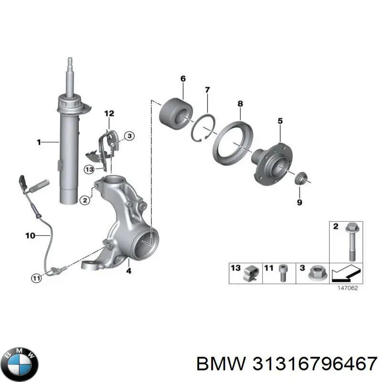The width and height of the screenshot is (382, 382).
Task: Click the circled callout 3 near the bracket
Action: (x=129, y=137)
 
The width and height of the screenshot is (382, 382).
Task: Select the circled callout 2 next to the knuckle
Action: (x=84, y=201)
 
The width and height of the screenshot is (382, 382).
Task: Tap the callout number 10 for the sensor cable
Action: (x=30, y=235)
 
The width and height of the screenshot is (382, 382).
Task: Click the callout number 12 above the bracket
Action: (x=109, y=113)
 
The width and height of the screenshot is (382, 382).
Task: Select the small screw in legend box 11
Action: (x=282, y=273)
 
